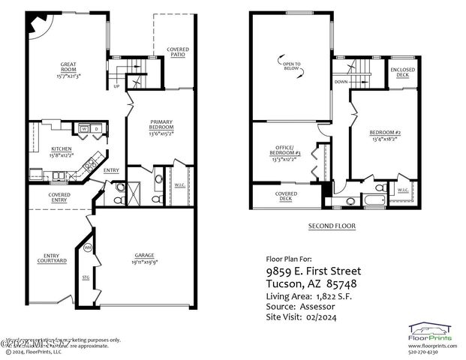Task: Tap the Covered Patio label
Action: coord(178,52)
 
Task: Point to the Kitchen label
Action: coord(61,152)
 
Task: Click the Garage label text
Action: coord(145,259)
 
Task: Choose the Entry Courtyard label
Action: coord(51,259)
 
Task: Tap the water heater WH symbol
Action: coord(87,248)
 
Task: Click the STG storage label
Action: coord(84,277)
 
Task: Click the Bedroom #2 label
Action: coord(386,137)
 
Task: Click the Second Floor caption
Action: coord(332,226)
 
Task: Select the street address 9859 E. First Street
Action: coord(314,271)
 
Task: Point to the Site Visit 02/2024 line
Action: coord(305,318)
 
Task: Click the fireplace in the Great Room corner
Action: coord(35,25)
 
